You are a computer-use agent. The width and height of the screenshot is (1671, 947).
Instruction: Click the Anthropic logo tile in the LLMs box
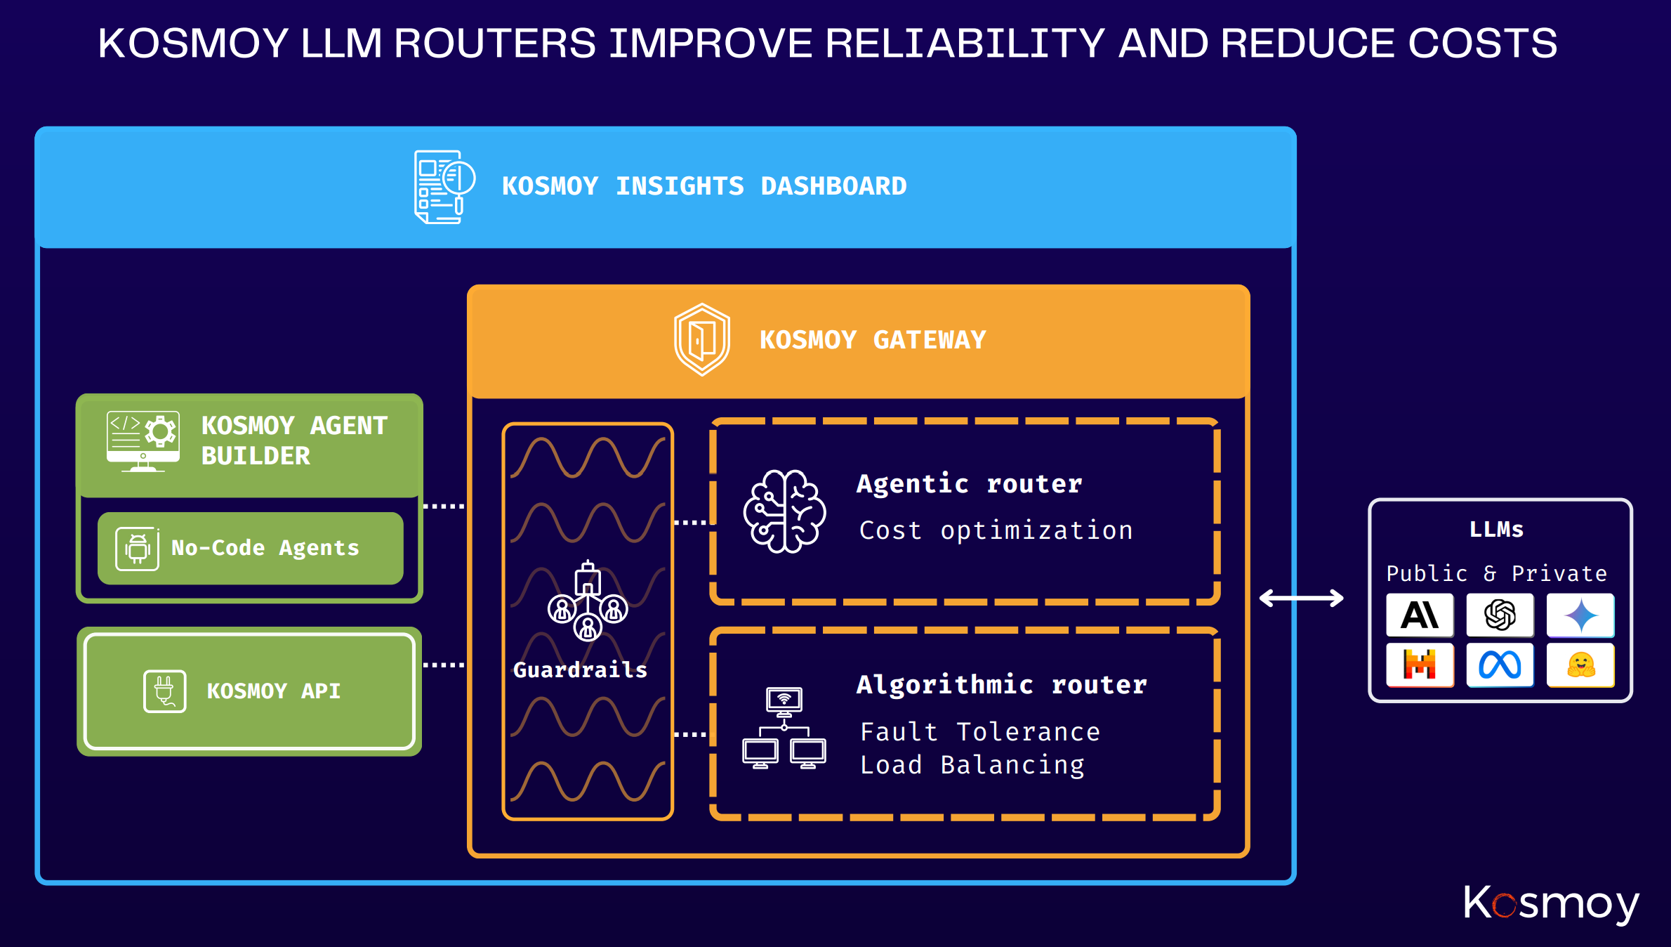click(1419, 615)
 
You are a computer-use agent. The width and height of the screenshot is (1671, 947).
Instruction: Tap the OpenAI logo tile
click(1500, 615)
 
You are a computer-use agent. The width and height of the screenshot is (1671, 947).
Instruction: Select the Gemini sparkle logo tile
click(1580, 615)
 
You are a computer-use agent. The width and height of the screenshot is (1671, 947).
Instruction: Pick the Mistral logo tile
click(1419, 665)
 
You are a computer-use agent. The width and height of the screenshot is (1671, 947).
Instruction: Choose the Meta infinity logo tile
click(1500, 665)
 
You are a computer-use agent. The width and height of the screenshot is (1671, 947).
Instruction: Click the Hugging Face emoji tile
click(1580, 665)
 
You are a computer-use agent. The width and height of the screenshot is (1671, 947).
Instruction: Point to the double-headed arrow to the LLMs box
click(1301, 599)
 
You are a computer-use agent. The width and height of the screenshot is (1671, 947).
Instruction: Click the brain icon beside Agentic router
click(784, 511)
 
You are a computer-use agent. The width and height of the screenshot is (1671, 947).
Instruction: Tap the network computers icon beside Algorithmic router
click(784, 728)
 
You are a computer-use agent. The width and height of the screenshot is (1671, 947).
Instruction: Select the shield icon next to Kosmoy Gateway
click(701, 339)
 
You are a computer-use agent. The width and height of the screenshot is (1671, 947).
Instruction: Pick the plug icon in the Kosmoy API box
click(164, 691)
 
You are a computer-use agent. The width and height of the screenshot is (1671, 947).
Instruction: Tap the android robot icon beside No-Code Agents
click(138, 549)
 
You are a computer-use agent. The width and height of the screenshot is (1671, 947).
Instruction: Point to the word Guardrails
click(580, 670)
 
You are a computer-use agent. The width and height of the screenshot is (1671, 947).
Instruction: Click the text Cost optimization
click(996, 530)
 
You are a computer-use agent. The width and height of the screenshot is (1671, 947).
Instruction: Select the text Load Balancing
click(972, 765)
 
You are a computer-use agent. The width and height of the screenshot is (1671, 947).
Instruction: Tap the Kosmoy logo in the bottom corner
click(1551, 903)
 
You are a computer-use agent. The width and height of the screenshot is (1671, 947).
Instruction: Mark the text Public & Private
click(1496, 574)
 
